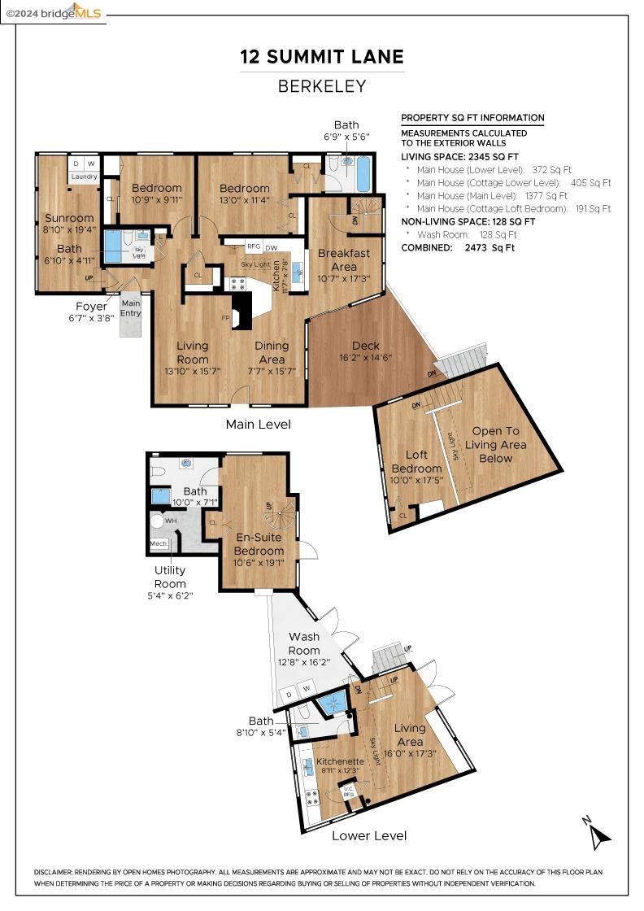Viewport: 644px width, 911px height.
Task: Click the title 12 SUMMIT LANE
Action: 322,57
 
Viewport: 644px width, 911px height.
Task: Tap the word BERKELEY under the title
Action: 322,86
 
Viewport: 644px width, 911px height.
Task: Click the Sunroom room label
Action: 69,218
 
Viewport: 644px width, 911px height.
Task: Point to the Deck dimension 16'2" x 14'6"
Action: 365,357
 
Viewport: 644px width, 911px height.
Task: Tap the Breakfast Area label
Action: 343,259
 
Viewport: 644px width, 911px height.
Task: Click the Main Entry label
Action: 131,308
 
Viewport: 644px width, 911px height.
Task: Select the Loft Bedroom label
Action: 416,462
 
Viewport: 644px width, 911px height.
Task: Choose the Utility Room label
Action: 170,577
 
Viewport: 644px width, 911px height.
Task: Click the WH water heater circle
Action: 158,521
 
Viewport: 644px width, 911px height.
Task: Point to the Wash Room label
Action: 304,643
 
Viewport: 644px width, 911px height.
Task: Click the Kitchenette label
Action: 340,761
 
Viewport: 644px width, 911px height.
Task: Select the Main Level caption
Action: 258,424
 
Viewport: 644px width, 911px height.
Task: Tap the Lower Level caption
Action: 369,835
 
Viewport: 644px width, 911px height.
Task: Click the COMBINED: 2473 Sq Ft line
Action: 458,247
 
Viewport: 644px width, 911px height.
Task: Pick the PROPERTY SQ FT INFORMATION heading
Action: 472,118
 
